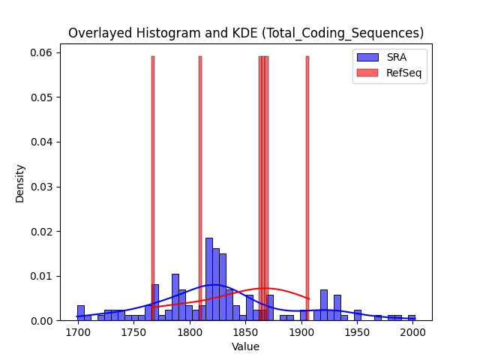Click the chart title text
(246, 33)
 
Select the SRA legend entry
(382, 57)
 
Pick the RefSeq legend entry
(389, 73)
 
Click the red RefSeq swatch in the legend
(367, 73)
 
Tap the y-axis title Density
(20, 184)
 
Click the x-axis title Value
(245, 346)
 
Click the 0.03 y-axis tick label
(41, 187)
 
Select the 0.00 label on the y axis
(41, 321)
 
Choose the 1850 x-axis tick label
(246, 332)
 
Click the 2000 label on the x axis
(413, 332)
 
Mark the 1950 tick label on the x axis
(357, 332)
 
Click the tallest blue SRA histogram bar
(209, 279)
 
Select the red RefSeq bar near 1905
(307, 188)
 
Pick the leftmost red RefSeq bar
(153, 188)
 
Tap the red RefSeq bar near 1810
(200, 188)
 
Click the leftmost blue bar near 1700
(81, 313)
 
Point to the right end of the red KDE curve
(309, 299)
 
